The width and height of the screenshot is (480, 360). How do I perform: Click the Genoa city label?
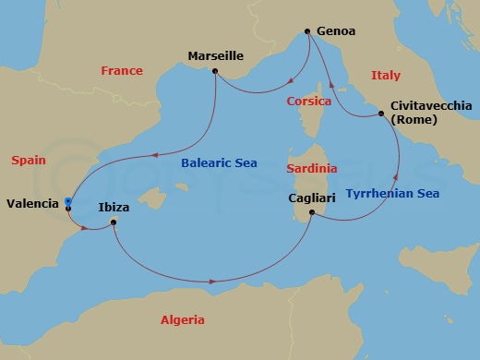(x=336, y=30)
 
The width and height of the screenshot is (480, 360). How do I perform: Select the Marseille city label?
(x=215, y=55)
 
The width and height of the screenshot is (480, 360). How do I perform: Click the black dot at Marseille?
(x=215, y=71)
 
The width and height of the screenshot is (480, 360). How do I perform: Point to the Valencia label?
(x=30, y=203)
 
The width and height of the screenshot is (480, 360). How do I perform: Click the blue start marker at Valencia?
(x=68, y=201)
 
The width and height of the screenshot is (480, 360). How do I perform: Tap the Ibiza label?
(x=114, y=208)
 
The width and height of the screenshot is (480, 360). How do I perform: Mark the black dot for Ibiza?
(x=114, y=222)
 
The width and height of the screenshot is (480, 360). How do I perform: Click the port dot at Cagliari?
(x=312, y=213)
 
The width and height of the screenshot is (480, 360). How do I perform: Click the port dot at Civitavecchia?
(x=380, y=114)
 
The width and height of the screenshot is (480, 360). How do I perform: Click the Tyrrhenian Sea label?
(x=392, y=193)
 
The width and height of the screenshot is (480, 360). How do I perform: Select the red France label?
(x=122, y=71)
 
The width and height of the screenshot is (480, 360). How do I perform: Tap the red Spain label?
(x=29, y=160)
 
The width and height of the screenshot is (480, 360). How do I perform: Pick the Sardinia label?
(x=310, y=170)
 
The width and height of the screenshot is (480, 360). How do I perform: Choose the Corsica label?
(x=309, y=101)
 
